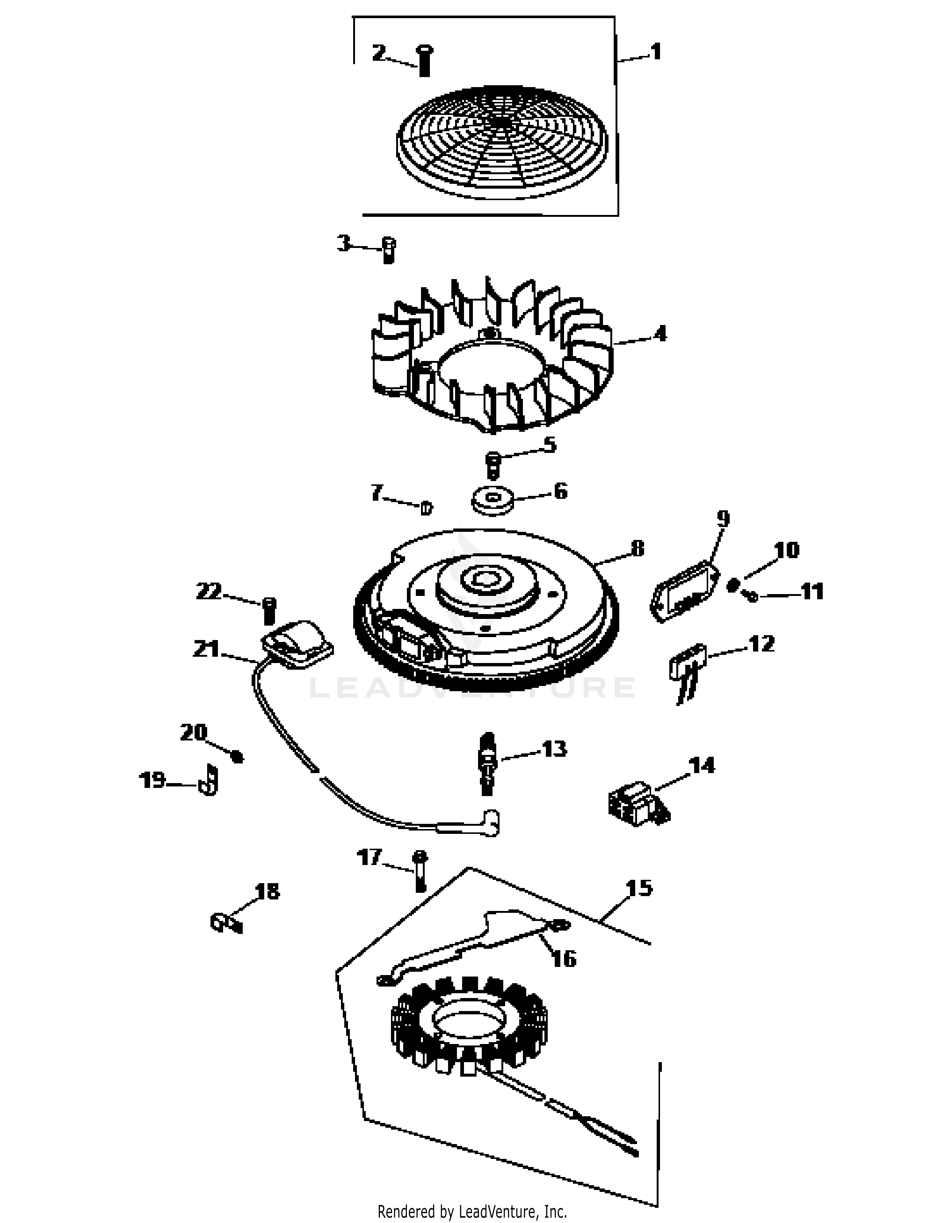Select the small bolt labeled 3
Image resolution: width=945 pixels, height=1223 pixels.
[x=388, y=250]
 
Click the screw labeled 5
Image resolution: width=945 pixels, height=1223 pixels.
[x=493, y=465]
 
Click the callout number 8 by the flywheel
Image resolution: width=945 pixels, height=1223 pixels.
[x=637, y=548]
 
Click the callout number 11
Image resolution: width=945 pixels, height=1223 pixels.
[x=812, y=591]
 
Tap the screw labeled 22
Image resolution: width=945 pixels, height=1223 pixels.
[x=269, y=610]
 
